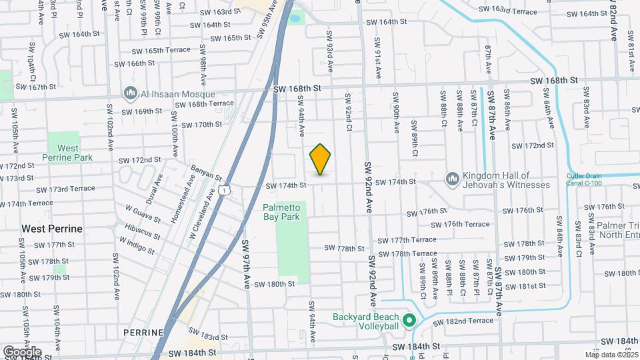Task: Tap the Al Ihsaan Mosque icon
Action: coord(129,93)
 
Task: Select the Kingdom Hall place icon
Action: coord(453,179)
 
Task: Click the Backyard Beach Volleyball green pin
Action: coord(410,321)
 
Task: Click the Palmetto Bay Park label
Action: coord(282,212)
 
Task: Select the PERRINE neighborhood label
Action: coord(143,332)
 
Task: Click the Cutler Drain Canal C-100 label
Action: coord(593,179)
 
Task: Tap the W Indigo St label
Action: coord(137,245)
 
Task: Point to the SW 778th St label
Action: coord(347,248)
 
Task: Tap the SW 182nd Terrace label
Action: coord(463,321)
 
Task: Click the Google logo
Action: coord(22,351)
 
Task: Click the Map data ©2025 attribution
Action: coord(612,355)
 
